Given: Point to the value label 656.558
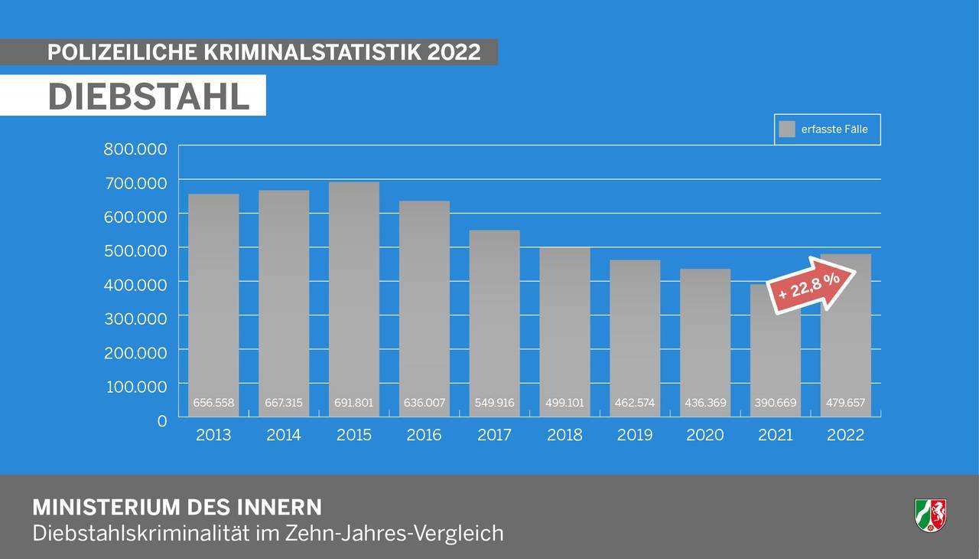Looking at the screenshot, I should [x=213, y=403].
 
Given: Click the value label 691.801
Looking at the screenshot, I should [x=354, y=403].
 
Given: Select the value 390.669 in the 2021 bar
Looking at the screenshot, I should [x=776, y=403].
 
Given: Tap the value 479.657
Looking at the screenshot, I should [x=845, y=403].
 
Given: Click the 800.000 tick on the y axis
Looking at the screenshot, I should [x=135, y=149].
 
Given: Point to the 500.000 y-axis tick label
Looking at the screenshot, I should [x=135, y=250].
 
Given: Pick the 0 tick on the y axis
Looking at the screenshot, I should [x=161, y=420].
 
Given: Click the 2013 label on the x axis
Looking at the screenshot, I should [x=213, y=435].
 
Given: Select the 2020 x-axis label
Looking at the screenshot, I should [x=705, y=435].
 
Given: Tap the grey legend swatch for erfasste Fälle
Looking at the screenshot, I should [x=787, y=129].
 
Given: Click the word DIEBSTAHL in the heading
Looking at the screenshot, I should [x=149, y=96].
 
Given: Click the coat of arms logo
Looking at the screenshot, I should [x=930, y=515].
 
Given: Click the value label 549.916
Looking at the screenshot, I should [x=495, y=403].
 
